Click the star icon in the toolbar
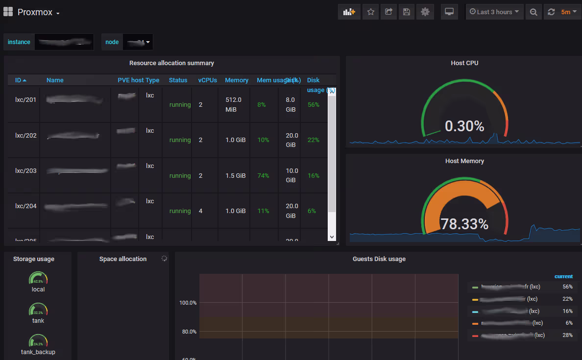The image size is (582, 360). [371, 12]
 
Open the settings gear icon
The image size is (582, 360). [425, 12]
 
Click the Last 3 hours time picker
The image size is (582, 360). [494, 12]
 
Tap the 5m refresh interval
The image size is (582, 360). [565, 12]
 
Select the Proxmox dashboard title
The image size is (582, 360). [35, 12]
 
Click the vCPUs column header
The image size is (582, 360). [207, 80]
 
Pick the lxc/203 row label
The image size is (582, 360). [26, 170]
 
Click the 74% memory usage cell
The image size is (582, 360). [263, 175]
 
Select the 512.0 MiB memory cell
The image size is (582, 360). [234, 104]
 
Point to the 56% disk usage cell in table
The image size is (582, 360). [314, 104]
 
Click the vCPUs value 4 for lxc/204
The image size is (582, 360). [201, 211]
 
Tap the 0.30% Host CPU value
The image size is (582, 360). [464, 126]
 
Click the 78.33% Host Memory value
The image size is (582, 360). [464, 224]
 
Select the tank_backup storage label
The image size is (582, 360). [38, 352]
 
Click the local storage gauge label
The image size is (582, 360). [38, 289]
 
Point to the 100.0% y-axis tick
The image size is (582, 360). [188, 303]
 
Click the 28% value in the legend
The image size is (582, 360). [568, 335]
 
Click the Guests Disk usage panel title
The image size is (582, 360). [379, 259]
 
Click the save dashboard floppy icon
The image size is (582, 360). [406, 12]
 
